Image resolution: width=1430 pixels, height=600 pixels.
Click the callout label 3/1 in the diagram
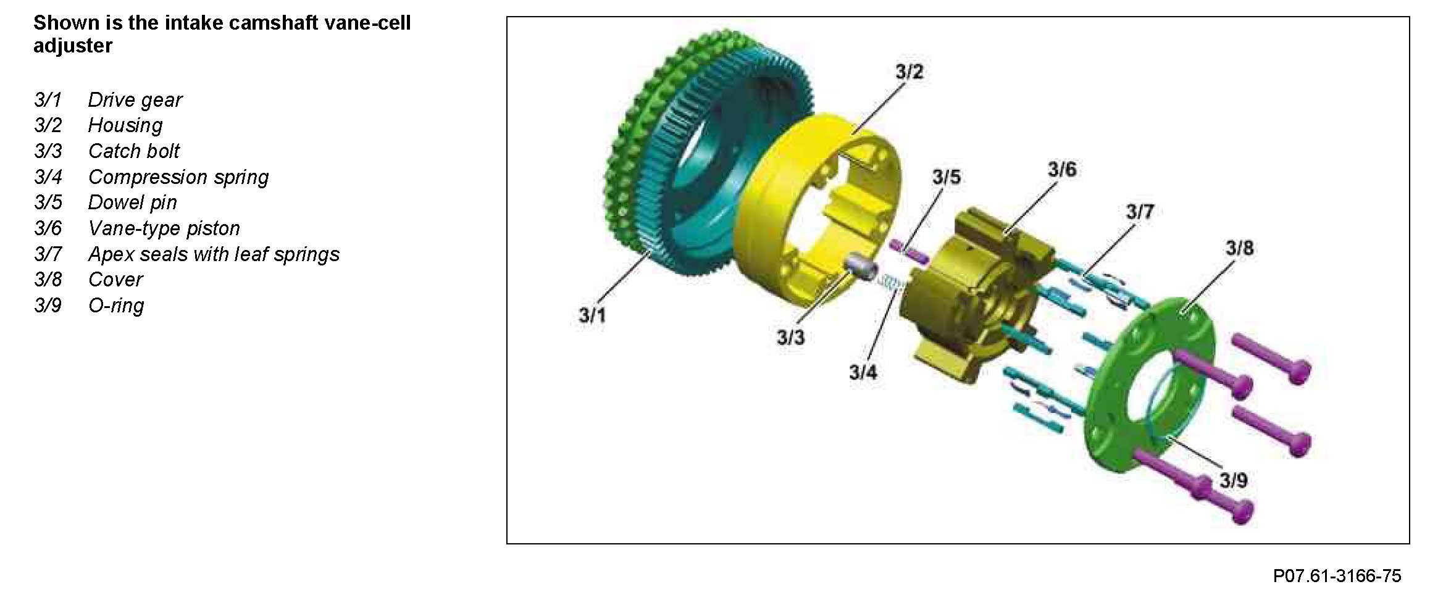592,315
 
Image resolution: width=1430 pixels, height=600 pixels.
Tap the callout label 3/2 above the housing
909,72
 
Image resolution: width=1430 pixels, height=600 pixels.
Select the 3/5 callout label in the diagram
947,177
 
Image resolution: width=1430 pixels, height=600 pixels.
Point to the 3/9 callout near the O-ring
1233,480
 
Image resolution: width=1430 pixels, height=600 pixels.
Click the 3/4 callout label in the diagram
863,372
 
